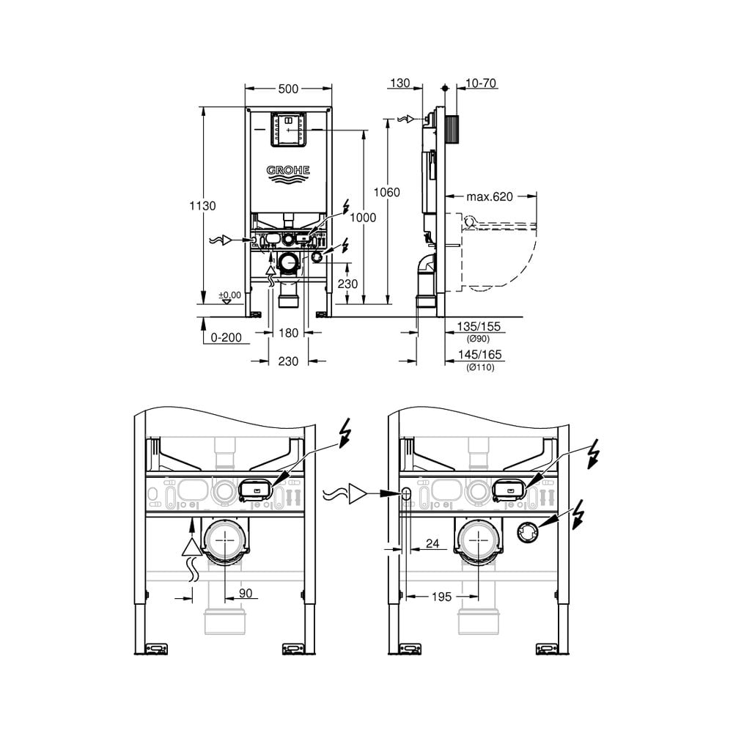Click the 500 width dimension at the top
[x=289, y=89]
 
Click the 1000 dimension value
[x=363, y=218]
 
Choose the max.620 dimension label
[x=490, y=196]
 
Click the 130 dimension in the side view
[x=400, y=84]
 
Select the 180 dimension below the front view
[x=289, y=333]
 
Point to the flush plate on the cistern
[x=289, y=129]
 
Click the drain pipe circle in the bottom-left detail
[x=222, y=543]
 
